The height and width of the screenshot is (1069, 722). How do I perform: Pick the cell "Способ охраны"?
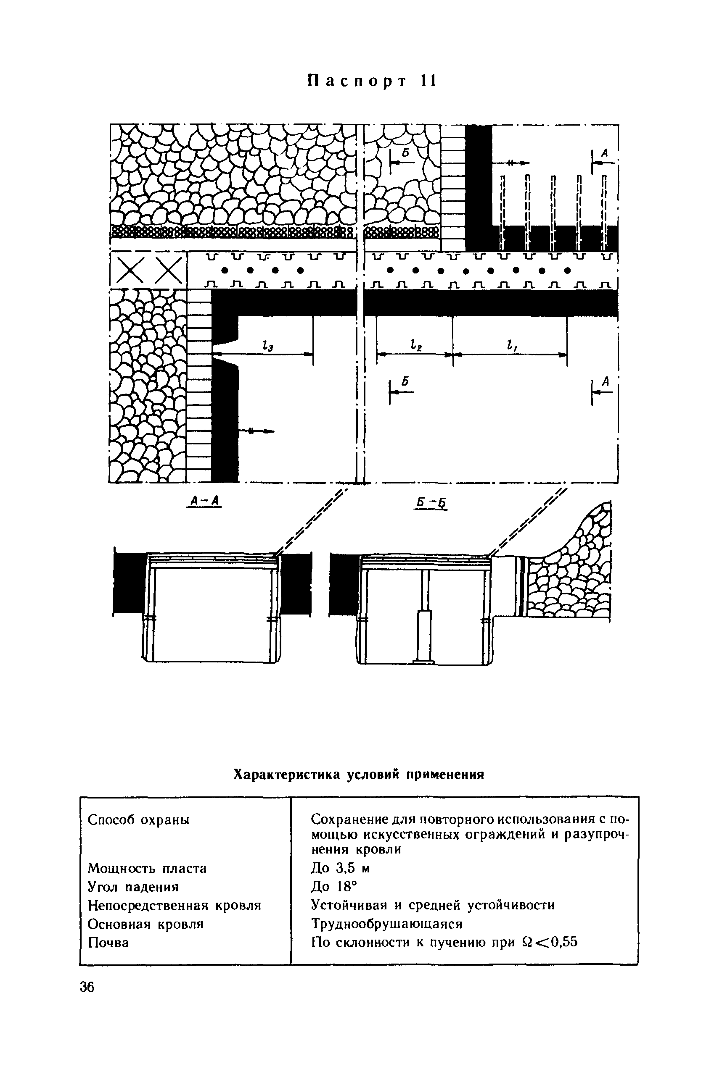click(139, 819)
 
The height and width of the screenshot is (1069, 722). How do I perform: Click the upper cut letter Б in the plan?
click(406, 153)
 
